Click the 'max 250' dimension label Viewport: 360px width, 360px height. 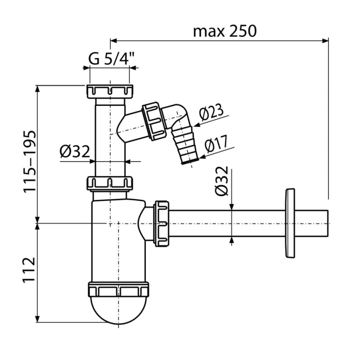[x=225, y=31]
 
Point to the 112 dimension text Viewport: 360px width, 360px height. [x=29, y=269]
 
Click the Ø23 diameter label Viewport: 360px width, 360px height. [x=211, y=112]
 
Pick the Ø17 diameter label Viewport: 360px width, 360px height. [x=216, y=144]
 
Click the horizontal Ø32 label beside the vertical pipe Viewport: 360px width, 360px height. [x=75, y=152]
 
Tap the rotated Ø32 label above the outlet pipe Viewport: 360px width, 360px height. [x=221, y=181]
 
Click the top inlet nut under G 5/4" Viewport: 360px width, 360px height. [x=110, y=91]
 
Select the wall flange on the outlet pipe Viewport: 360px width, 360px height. [x=290, y=223]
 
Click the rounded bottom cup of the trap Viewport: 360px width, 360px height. [x=119, y=310]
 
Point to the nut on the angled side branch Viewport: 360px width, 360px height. [x=154, y=121]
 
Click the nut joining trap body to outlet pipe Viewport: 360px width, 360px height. [x=162, y=224]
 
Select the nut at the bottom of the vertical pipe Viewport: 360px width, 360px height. [x=110, y=183]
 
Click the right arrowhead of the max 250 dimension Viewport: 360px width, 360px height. [x=325, y=41]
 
